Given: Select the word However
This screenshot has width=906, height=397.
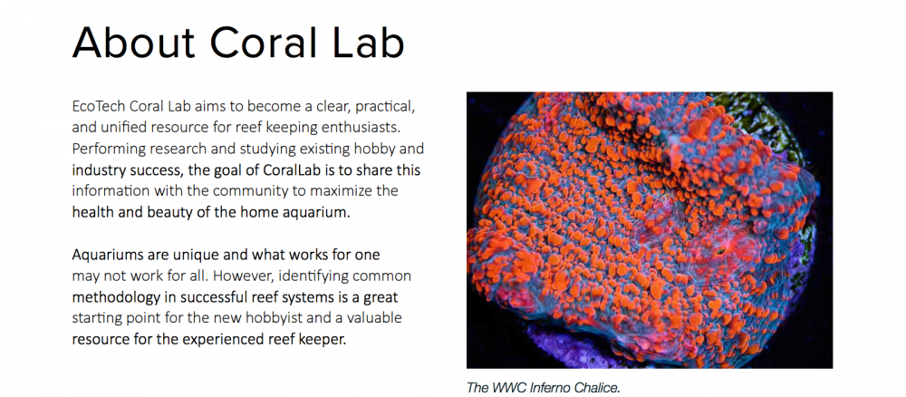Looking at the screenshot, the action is (236, 276).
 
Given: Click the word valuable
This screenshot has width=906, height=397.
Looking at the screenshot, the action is (374, 319).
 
